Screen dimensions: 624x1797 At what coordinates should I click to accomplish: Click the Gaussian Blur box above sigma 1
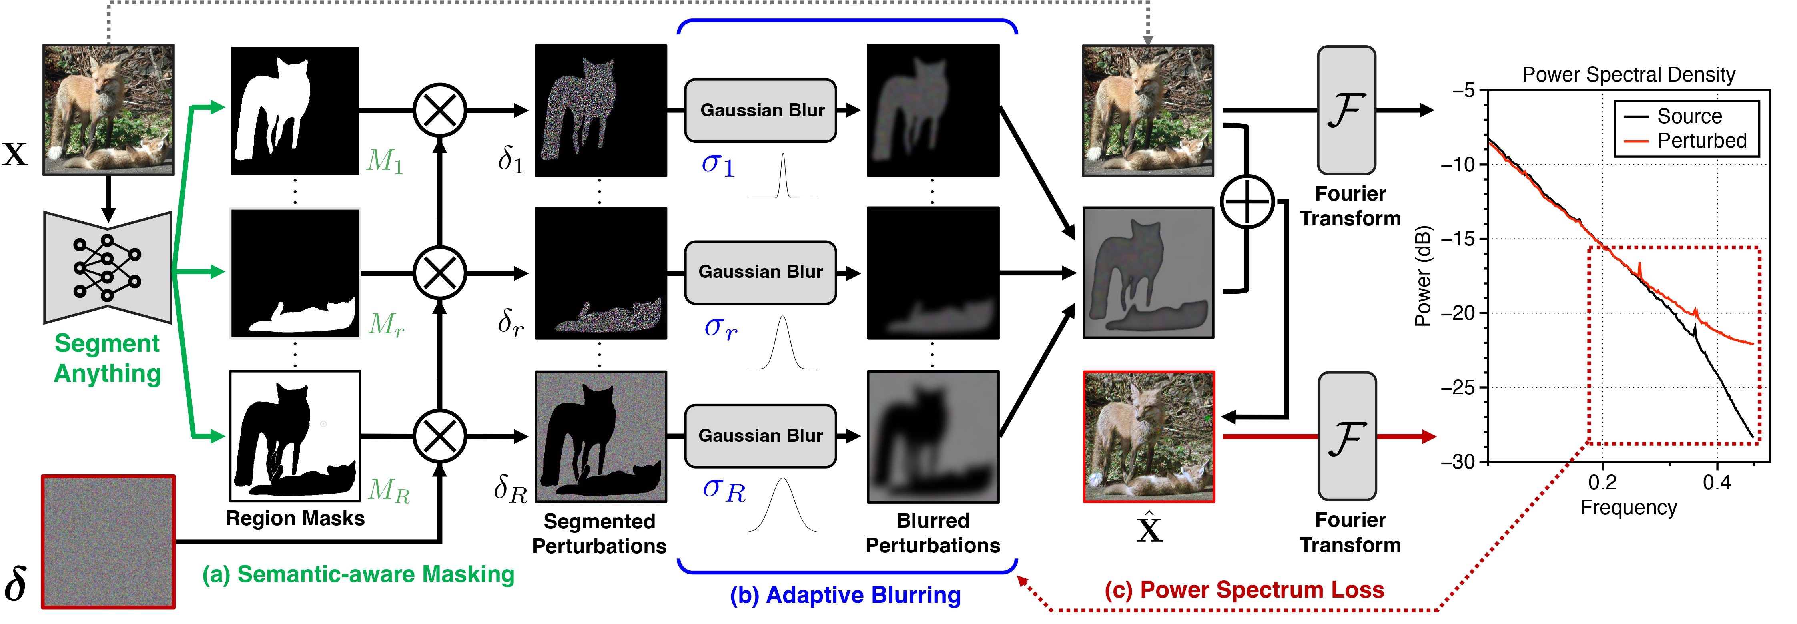coord(760,110)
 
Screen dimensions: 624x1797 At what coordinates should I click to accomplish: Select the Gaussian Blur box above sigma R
coord(760,435)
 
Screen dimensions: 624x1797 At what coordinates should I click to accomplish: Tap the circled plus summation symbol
coord(1247,202)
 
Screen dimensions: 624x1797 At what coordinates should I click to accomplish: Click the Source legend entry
coord(1688,116)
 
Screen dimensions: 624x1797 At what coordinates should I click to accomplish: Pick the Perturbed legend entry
coord(1701,141)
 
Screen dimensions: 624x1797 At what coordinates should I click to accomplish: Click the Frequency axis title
coord(1628,508)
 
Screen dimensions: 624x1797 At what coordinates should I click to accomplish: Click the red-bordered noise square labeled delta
coord(108,542)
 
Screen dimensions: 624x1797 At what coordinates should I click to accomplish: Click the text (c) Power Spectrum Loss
coord(1244,590)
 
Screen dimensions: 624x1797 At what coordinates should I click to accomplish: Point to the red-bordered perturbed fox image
coord(1148,436)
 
